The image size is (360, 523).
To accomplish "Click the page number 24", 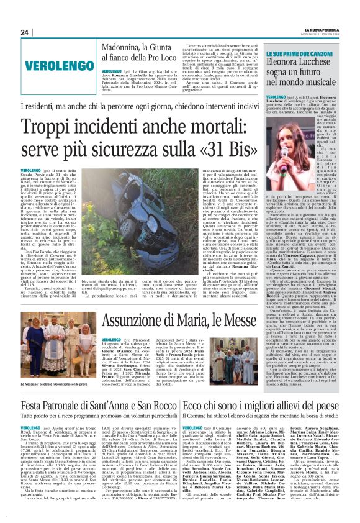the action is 24,32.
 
